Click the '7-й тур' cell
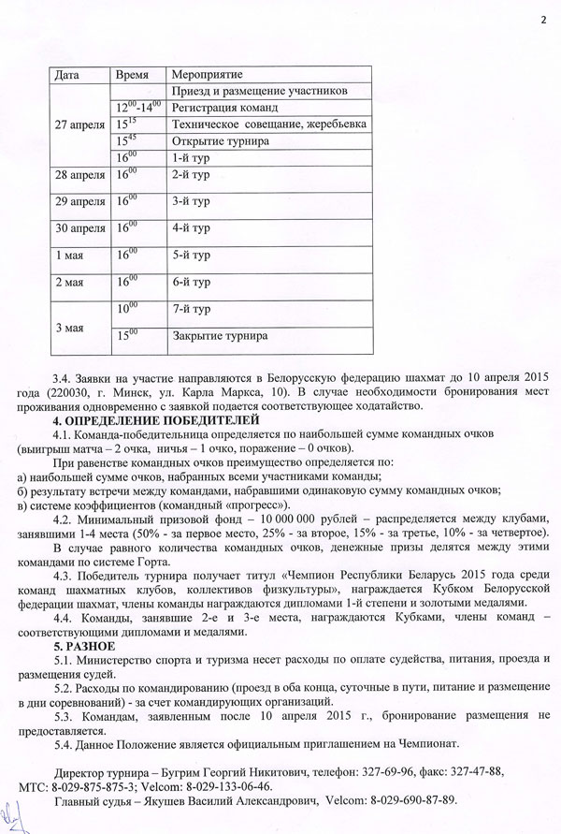[x=192, y=309]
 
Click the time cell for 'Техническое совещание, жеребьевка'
[x=126, y=124]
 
